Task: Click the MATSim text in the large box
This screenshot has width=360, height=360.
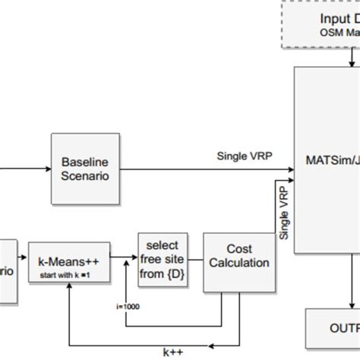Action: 327,160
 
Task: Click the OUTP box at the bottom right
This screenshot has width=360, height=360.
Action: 333,328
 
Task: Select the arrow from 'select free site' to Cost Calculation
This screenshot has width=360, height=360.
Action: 196,263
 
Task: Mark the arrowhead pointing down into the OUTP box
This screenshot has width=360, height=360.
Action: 350,304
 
